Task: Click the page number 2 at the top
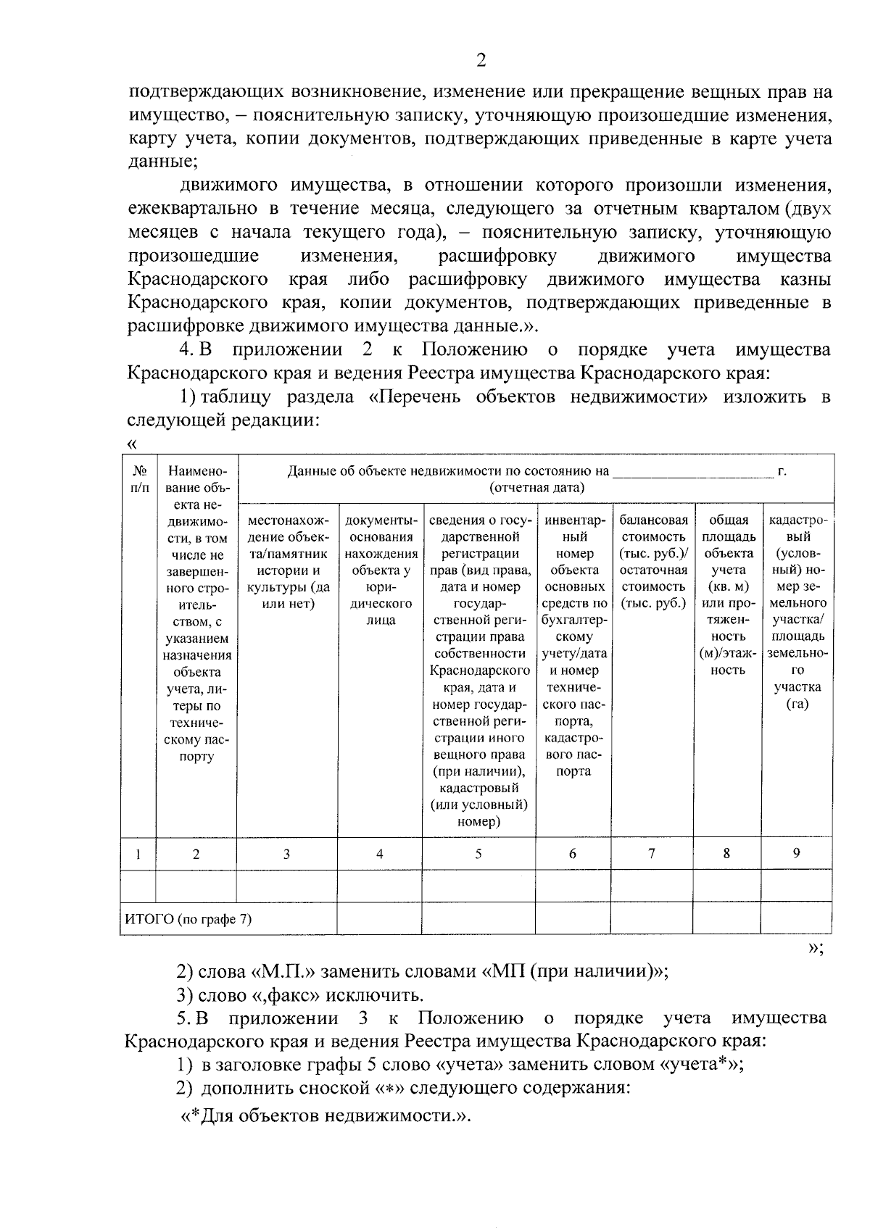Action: pyautogui.click(x=481, y=60)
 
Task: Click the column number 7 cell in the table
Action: pyautogui.click(x=651, y=853)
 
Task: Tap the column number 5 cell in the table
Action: pyautogui.click(x=478, y=853)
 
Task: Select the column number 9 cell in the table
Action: pyautogui.click(x=796, y=853)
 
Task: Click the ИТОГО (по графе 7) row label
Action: pyautogui.click(x=188, y=919)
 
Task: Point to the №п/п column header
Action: pyautogui.click(x=138, y=479)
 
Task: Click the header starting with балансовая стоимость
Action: pyautogui.click(x=653, y=561)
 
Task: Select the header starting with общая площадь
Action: pyautogui.click(x=728, y=594)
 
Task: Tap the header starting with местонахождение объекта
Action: pyautogui.click(x=287, y=561)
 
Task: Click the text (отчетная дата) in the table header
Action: pyautogui.click(x=536, y=487)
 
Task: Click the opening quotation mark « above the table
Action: pyautogui.click(x=131, y=444)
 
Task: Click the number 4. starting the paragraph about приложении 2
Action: pyautogui.click(x=187, y=349)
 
